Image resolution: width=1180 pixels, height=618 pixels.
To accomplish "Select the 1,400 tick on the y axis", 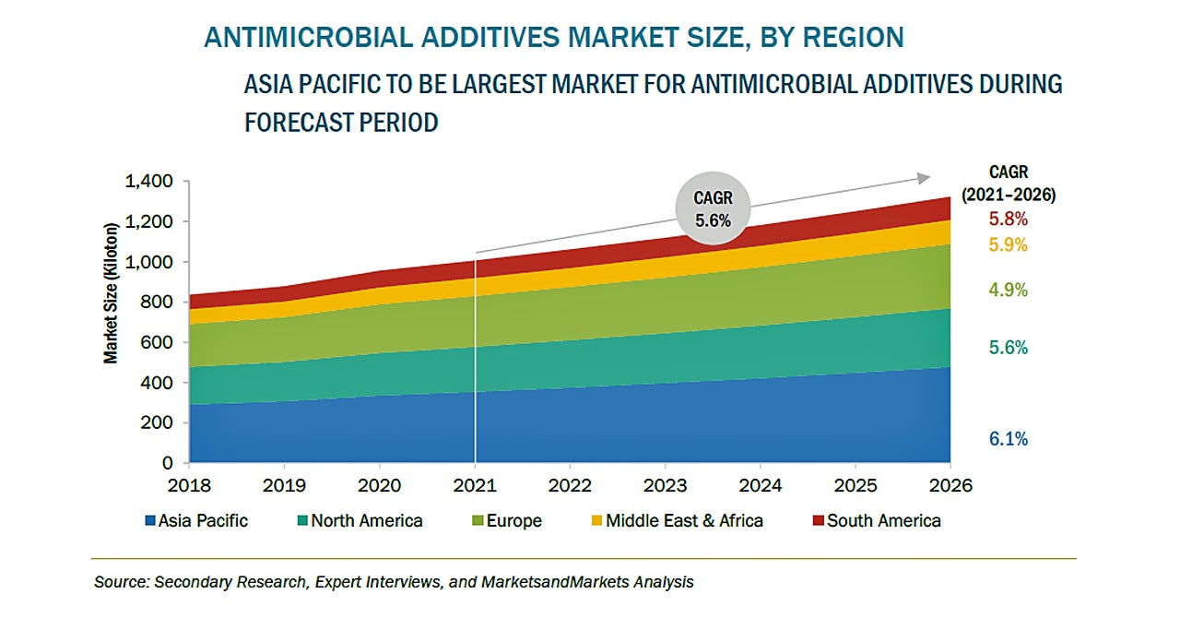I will tap(149, 182).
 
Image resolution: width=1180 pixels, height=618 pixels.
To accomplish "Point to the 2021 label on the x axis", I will tap(475, 485).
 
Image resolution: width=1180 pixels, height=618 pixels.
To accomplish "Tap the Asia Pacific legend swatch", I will tap(149, 521).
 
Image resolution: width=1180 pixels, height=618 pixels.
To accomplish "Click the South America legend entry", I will tap(875, 521).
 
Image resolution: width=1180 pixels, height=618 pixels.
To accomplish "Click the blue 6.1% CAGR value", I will tap(1009, 439).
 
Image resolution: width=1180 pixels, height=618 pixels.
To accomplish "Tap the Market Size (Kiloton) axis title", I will tap(111, 293).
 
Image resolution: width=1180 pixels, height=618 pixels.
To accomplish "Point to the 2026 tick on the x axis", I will tap(950, 485).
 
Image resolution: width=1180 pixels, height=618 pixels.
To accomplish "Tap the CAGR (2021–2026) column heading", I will tap(1009, 184).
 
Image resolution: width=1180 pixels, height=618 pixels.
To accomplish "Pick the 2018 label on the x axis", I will tap(189, 485).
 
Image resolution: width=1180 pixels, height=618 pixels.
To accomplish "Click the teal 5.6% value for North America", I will tap(1009, 348).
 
